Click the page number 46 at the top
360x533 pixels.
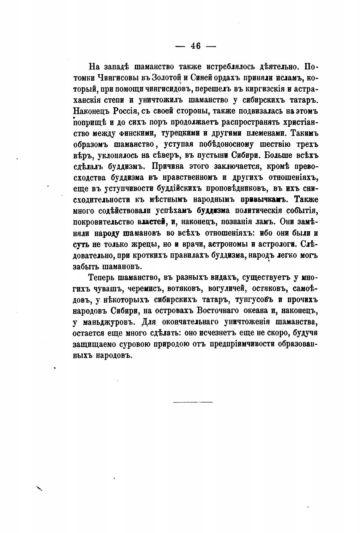[195, 45]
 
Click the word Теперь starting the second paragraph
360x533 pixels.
[101, 278]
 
